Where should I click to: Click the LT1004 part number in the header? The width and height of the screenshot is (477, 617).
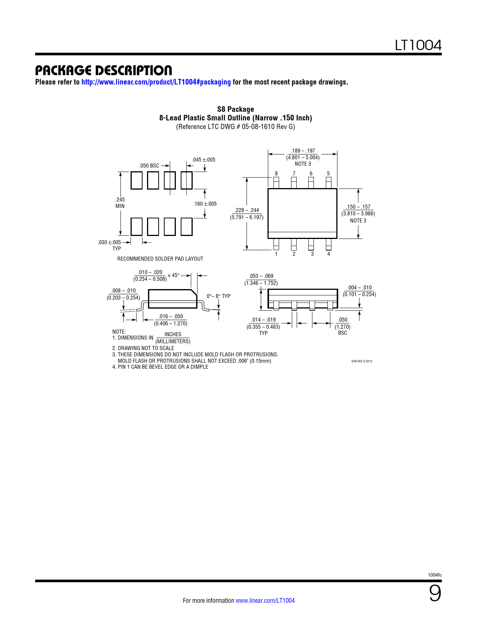coord(418,45)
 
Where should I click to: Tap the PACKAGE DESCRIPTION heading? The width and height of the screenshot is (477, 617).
coord(103,70)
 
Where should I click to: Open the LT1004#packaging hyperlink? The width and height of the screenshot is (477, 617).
coord(156,82)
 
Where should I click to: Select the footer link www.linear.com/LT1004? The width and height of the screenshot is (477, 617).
coord(265,600)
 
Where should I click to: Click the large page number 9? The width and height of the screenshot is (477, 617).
coord(435,593)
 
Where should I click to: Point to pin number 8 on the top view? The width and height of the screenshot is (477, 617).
coord(276,174)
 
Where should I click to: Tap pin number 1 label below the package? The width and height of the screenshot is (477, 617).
coord(276,254)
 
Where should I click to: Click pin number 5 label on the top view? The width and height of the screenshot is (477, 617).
coord(328,174)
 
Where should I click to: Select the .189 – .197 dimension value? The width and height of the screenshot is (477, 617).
coord(303,151)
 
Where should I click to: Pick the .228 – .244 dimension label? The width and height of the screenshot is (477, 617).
coord(247,210)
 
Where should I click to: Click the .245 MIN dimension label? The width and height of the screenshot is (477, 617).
coord(120,203)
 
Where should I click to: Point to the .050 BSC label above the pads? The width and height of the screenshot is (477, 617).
coord(149,166)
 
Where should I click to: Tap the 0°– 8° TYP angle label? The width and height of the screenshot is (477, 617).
coord(218,296)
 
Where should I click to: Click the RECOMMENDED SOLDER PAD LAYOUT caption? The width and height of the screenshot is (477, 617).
coord(160,259)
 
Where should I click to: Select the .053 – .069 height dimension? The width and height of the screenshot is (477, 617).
coord(261,276)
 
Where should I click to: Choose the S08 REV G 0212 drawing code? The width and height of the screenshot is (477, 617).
coord(362,361)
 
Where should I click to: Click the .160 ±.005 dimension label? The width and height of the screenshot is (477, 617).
coord(205,204)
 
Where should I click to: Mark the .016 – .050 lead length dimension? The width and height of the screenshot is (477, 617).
coord(171,316)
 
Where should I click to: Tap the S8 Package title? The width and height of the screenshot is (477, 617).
coord(236,109)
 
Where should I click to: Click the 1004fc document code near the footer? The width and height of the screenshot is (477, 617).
coord(435,575)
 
